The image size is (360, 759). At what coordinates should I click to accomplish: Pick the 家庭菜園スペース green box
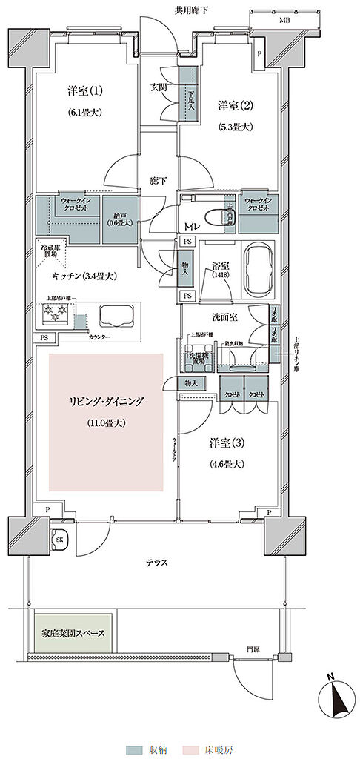(x=72, y=634)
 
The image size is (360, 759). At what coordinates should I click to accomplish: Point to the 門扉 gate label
(x=253, y=649)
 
